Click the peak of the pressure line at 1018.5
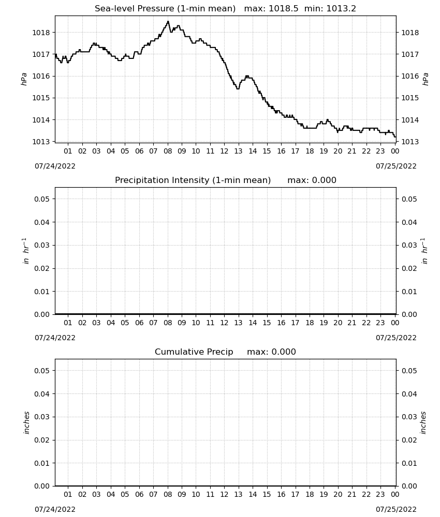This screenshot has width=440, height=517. point(168,21)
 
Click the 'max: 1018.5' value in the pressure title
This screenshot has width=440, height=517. point(271,9)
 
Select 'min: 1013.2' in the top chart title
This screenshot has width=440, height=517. point(330,9)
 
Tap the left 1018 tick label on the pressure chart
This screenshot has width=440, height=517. point(41,33)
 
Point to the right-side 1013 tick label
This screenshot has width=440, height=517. point(410,142)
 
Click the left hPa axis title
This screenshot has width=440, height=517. point(24,80)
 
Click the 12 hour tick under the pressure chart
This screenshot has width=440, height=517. point(224,151)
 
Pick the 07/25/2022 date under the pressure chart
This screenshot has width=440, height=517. point(396,166)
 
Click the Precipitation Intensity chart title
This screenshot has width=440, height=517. point(193,180)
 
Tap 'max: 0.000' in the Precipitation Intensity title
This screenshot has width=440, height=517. point(312,180)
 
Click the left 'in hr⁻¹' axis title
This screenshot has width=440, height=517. point(25,251)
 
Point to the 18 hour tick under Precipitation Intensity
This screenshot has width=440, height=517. point(310,323)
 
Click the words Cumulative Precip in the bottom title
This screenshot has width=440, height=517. point(194,352)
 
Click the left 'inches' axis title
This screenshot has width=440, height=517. point(26,423)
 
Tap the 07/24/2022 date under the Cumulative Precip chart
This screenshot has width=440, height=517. point(55,509)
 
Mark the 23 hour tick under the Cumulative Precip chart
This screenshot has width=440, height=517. point(380,494)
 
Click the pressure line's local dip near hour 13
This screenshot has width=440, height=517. point(238,89)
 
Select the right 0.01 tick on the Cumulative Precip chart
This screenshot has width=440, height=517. point(409,463)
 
